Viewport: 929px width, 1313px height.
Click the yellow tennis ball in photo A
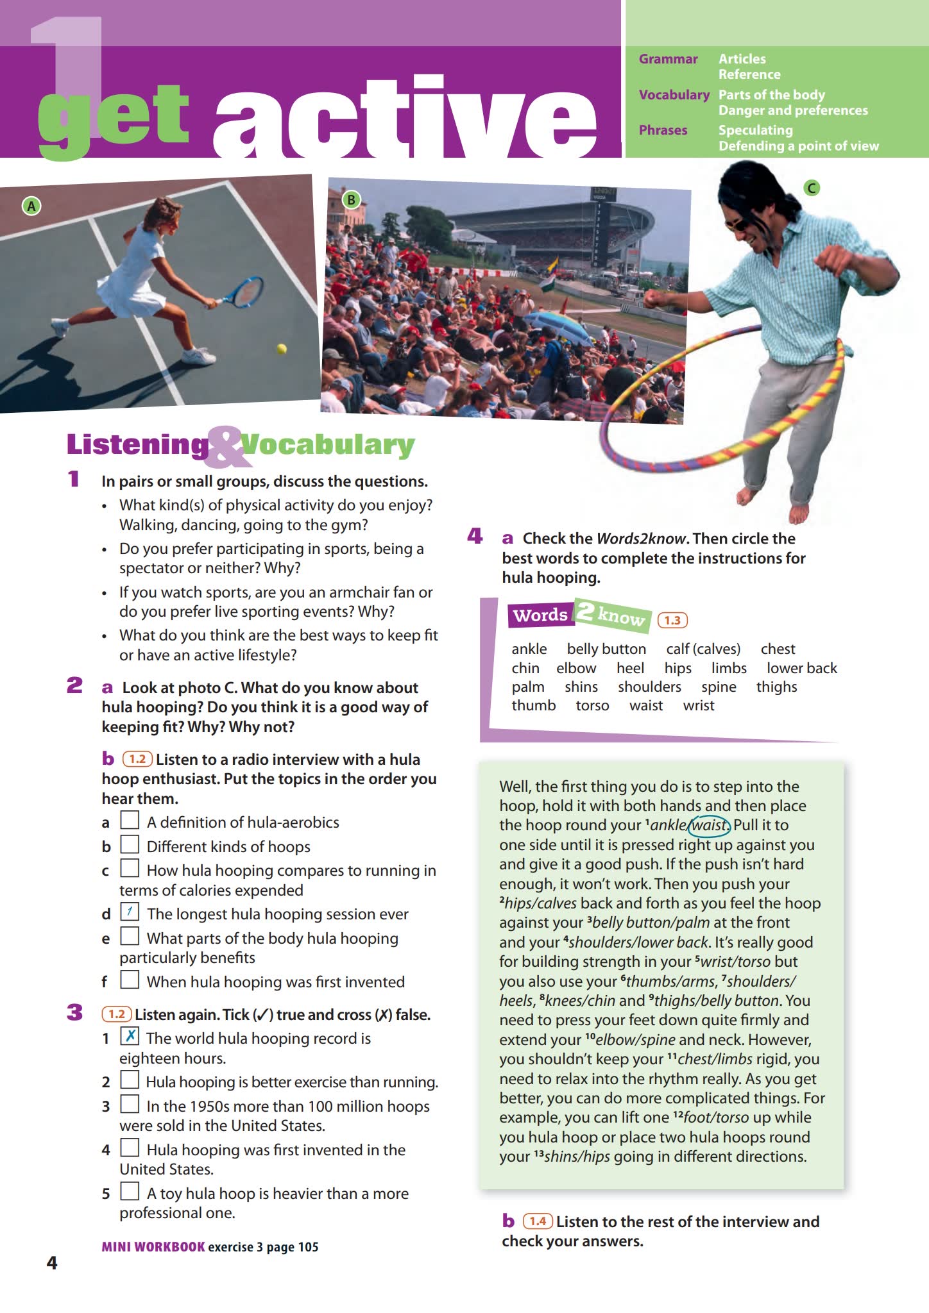click(281, 349)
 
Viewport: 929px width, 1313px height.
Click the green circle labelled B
click(351, 199)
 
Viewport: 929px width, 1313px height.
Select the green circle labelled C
click(812, 188)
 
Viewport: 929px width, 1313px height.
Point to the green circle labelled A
click(31, 206)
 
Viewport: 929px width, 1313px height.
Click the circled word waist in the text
click(710, 825)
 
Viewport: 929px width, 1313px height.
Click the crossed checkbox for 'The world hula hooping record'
click(130, 1035)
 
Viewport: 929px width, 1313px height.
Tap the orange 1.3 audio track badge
click(672, 620)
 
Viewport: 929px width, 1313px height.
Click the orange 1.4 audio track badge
click(538, 1221)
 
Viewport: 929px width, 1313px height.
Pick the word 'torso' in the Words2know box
click(592, 706)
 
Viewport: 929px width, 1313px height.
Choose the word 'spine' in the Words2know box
click(719, 687)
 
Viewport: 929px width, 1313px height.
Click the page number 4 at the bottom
click(52, 1262)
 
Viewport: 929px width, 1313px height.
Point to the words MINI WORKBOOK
click(153, 1246)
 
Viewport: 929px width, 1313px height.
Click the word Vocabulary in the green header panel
click(674, 95)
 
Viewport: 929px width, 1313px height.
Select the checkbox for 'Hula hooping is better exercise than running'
click(130, 1080)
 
